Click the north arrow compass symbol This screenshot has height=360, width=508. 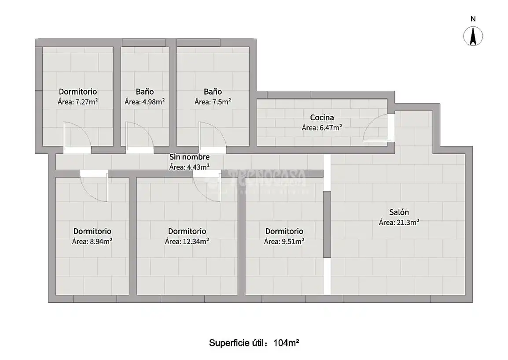point(473,36)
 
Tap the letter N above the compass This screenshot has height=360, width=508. point(473,19)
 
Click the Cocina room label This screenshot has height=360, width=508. point(322,117)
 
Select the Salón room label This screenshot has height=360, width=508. point(399,212)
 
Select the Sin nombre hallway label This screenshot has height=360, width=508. point(190,157)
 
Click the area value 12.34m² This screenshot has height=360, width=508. point(196,241)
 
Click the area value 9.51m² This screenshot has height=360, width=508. point(293,241)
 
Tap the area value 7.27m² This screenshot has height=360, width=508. point(87,102)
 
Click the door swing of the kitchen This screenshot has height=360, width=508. point(377,128)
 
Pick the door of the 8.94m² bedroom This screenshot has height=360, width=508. point(94,188)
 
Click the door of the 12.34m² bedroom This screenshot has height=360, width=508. point(207,188)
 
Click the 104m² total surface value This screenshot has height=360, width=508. point(286,343)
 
